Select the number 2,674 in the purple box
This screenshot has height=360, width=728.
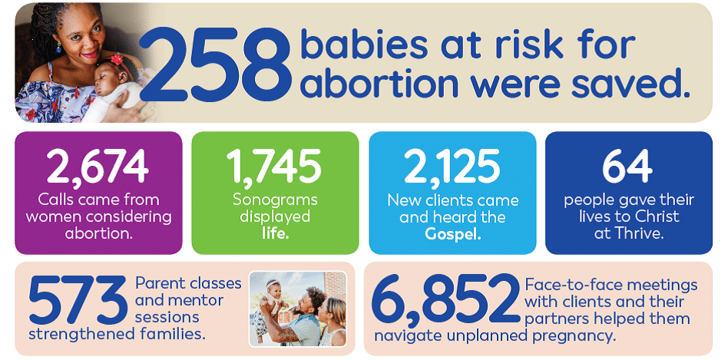(x=98, y=166)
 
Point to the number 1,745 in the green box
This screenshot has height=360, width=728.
(x=274, y=166)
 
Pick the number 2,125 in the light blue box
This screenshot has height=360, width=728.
(x=452, y=166)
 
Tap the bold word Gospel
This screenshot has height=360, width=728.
(x=452, y=234)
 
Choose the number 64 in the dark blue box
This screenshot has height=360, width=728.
(x=627, y=166)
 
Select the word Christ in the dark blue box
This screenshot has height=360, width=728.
(x=654, y=216)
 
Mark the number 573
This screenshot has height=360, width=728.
(x=78, y=300)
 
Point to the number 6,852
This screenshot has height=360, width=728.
(x=446, y=302)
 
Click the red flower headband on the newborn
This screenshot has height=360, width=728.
(x=116, y=59)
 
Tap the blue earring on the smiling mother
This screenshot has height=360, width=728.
(x=59, y=48)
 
